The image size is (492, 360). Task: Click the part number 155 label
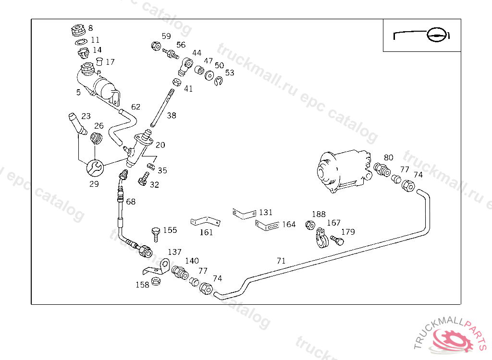(x=170, y=230)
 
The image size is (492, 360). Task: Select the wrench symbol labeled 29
(x=95, y=168)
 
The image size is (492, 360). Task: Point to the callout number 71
(x=281, y=261)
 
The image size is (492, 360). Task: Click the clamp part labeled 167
(x=321, y=239)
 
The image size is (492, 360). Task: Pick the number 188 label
(x=319, y=214)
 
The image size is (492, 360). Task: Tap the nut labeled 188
(x=310, y=225)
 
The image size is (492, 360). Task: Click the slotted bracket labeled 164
(x=267, y=225)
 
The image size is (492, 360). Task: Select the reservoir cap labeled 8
(x=78, y=30)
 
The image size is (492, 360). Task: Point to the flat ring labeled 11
(x=81, y=42)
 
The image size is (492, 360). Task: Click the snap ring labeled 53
(x=219, y=82)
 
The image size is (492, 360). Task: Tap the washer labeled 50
(x=209, y=75)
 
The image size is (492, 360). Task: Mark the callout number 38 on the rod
(x=172, y=115)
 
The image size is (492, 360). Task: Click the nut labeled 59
(x=156, y=46)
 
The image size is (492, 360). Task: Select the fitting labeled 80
(x=382, y=169)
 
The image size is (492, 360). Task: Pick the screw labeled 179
(x=337, y=240)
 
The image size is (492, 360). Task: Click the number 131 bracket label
(x=266, y=212)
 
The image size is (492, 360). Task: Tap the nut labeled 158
(x=156, y=281)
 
